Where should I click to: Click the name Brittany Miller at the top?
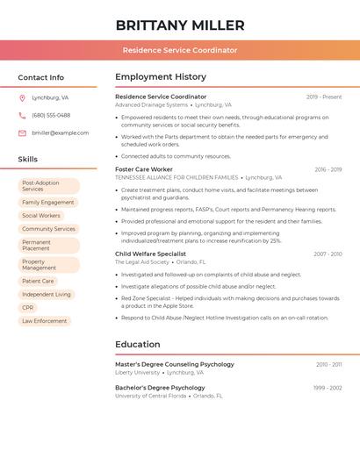pos(180,25)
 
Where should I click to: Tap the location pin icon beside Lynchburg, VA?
pos(22,97)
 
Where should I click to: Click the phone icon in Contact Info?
pos(22,115)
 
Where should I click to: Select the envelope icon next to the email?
pos(22,132)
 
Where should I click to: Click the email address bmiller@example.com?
pos(60,132)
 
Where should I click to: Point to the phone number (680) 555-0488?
pos(51,115)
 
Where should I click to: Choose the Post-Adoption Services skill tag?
pos(49,186)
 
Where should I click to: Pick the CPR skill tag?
pos(28,308)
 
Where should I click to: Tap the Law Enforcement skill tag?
pos(45,321)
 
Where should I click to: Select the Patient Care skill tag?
pos(38,282)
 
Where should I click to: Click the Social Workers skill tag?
pos(41,215)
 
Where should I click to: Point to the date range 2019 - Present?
pos(324,97)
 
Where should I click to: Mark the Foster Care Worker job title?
pos(144,169)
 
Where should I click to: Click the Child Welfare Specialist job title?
pos(151,254)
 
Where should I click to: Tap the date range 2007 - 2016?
pos(328,254)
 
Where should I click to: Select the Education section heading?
pos(137,345)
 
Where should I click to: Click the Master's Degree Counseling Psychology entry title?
pos(175,364)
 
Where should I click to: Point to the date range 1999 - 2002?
pos(328,388)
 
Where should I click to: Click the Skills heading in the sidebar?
pos(28,159)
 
